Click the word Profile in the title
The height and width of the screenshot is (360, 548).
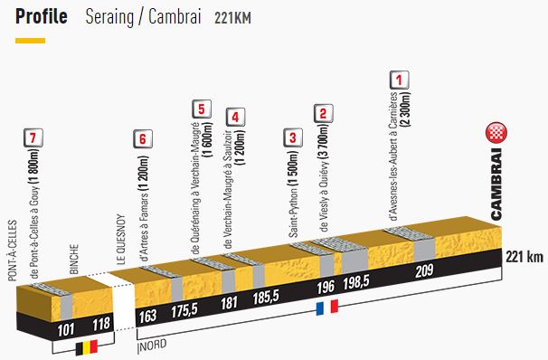tap(41, 17)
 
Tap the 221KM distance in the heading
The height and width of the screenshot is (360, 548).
tap(232, 18)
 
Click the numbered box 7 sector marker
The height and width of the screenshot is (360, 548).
tap(33, 138)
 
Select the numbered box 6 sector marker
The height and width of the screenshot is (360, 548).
tap(141, 138)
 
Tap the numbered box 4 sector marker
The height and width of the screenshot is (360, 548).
tap(234, 117)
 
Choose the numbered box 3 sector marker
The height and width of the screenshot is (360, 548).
tap(291, 138)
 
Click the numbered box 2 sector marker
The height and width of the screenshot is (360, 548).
tap(322, 114)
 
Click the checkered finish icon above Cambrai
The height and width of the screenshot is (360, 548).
tap(495, 133)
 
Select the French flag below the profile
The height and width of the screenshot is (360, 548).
tap(326, 307)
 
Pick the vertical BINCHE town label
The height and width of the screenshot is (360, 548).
tap(75, 261)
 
